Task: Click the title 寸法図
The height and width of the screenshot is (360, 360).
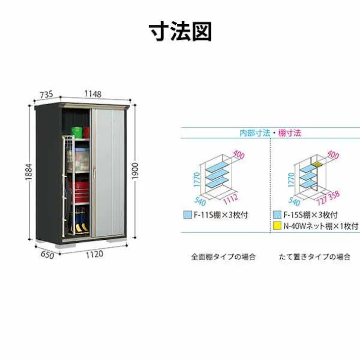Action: [180, 31]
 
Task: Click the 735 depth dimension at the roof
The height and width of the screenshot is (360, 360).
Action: [46, 94]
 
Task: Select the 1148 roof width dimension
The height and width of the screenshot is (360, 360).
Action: [92, 94]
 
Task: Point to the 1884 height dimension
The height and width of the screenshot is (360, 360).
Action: [29, 172]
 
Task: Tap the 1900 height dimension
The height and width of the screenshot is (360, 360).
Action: [135, 171]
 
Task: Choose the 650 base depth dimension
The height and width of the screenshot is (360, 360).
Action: [47, 255]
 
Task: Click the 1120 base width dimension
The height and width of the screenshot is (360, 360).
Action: [94, 254]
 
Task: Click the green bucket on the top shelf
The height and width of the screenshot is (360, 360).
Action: [77, 132]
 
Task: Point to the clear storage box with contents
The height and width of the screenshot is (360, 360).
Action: [78, 160]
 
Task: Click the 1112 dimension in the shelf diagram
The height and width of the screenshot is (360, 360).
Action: [231, 199]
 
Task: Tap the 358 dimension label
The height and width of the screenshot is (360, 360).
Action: [334, 195]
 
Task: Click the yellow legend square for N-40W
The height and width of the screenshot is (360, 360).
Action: [277, 226]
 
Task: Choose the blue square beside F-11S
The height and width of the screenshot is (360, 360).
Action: [187, 215]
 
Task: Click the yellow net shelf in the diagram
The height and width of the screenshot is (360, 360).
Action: [317, 164]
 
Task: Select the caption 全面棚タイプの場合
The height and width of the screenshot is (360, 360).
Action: [223, 256]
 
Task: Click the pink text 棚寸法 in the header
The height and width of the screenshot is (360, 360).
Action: [289, 133]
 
